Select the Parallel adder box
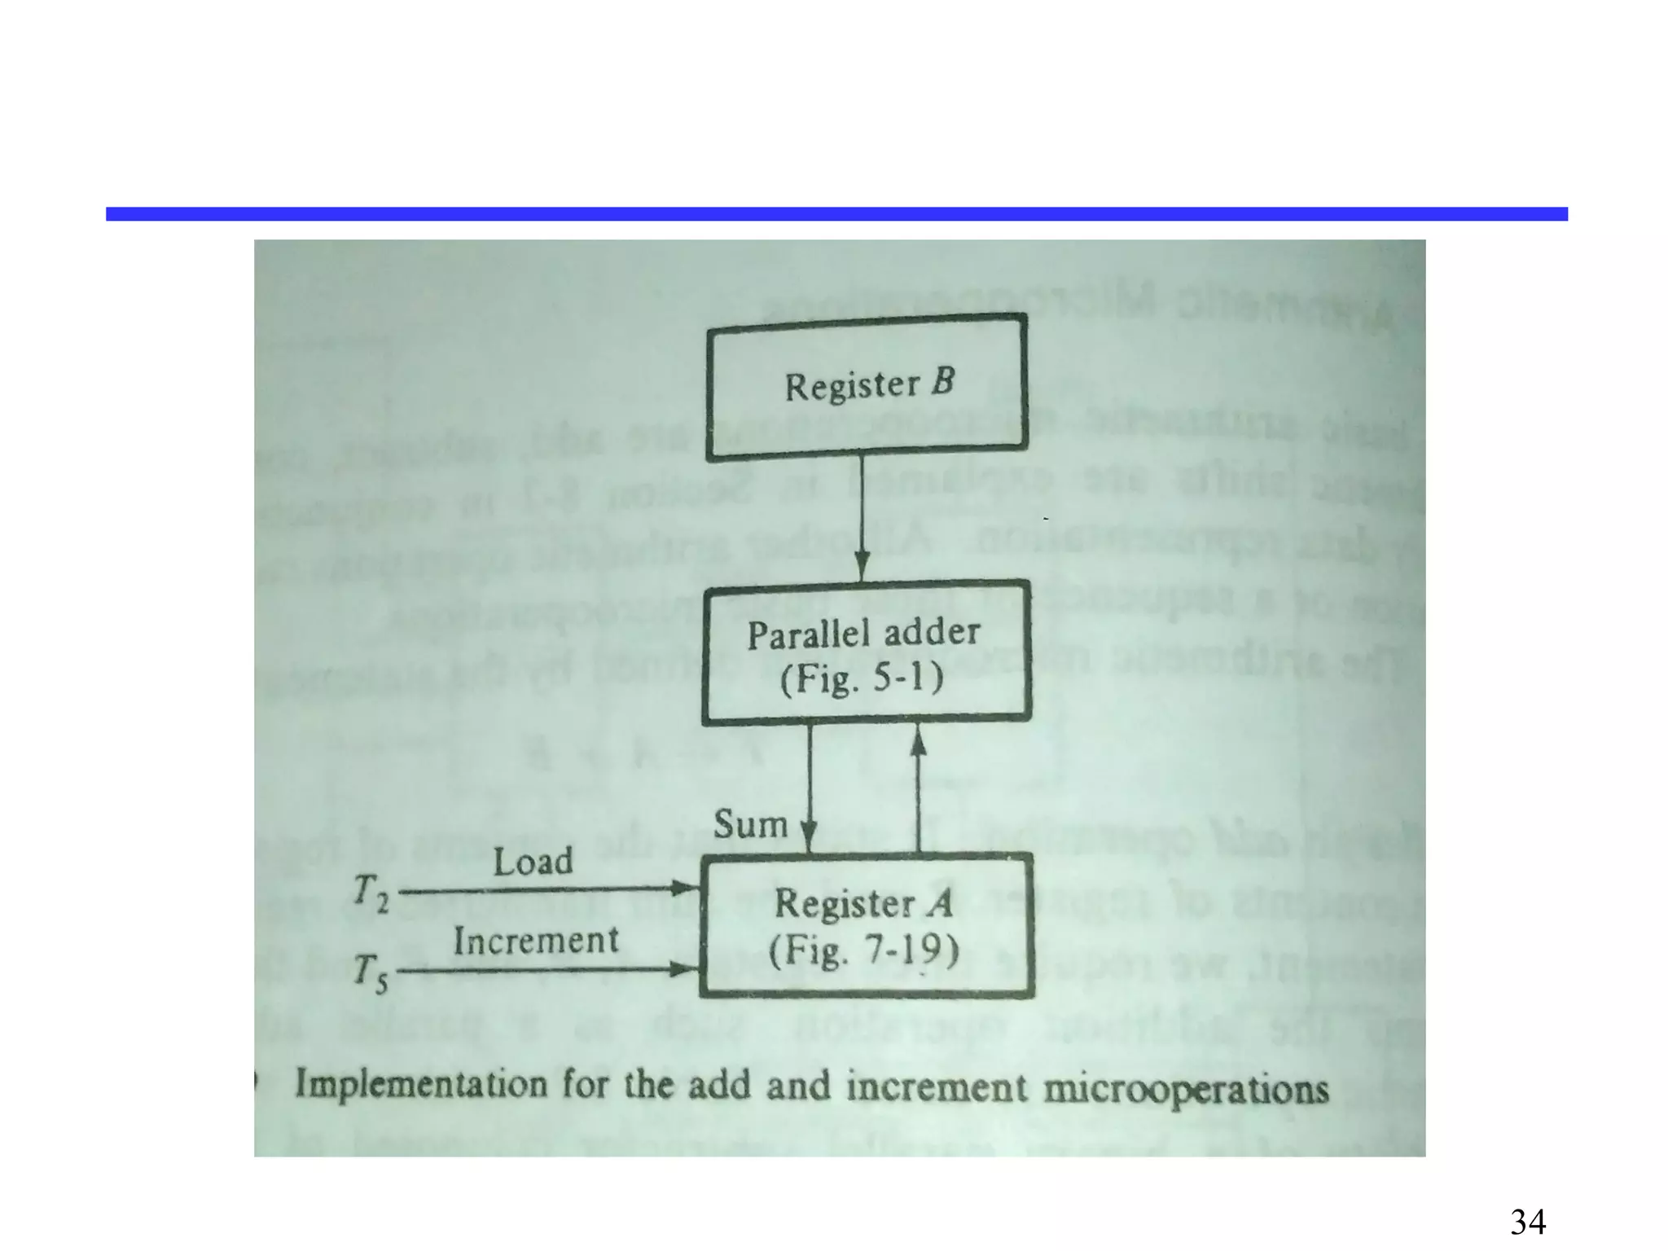click(865, 652)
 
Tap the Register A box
click(867, 926)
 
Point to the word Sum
click(750, 824)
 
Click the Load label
click(533, 862)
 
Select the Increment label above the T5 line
click(536, 942)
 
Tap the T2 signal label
click(371, 893)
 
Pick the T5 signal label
click(371, 974)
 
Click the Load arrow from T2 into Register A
click(546, 889)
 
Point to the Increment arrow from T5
click(546, 969)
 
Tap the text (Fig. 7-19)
click(863, 950)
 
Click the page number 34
click(1528, 1222)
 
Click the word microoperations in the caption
click(1186, 1089)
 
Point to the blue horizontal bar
click(836, 214)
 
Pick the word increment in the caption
click(937, 1087)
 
